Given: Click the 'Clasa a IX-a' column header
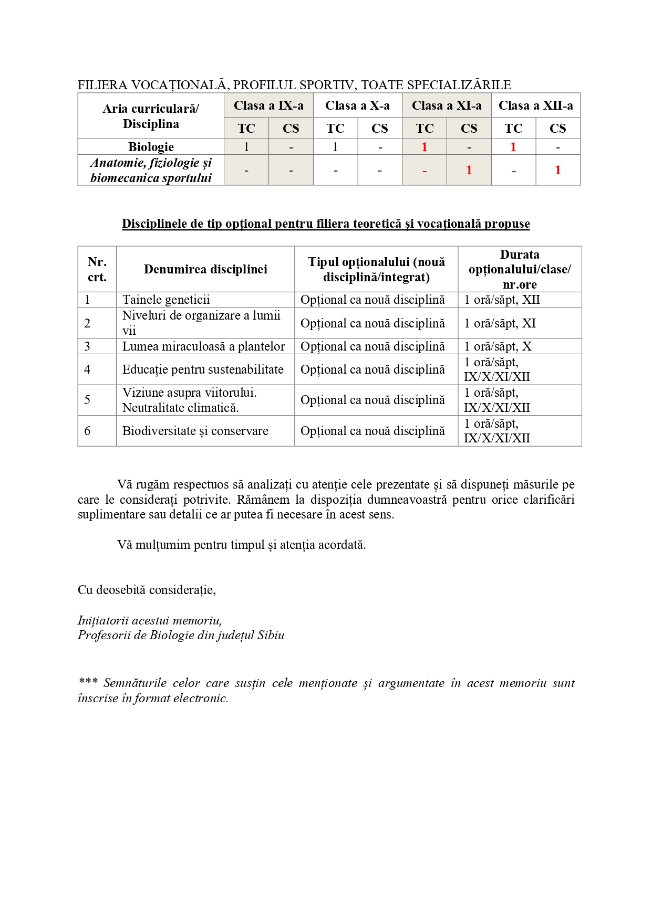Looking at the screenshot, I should click(x=268, y=105).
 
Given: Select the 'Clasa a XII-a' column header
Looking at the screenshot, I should click(x=535, y=105).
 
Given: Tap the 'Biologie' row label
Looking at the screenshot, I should click(x=151, y=147).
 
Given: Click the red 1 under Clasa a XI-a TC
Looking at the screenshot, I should click(x=424, y=147).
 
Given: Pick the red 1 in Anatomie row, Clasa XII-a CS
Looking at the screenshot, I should click(x=557, y=170).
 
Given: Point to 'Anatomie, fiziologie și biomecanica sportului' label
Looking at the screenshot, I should click(x=151, y=170).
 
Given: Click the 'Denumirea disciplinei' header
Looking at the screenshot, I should click(x=205, y=269).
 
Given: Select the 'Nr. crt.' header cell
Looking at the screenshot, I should click(x=97, y=269).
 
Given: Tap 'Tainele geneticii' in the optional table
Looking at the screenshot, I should click(x=166, y=300).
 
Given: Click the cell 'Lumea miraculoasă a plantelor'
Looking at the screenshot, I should click(x=203, y=346).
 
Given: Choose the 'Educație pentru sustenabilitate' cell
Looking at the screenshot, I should click(x=203, y=369).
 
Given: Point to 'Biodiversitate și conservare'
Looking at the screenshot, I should click(x=195, y=431).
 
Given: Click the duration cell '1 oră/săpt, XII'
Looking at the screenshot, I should click(x=502, y=300).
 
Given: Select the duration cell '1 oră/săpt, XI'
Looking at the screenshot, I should click(x=500, y=323).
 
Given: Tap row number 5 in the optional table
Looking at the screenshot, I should click(x=87, y=400).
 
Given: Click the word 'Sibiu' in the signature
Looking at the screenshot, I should click(x=271, y=635).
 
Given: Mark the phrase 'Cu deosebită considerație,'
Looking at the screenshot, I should click(x=147, y=589).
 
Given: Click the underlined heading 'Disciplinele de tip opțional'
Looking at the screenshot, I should click(x=326, y=224).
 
